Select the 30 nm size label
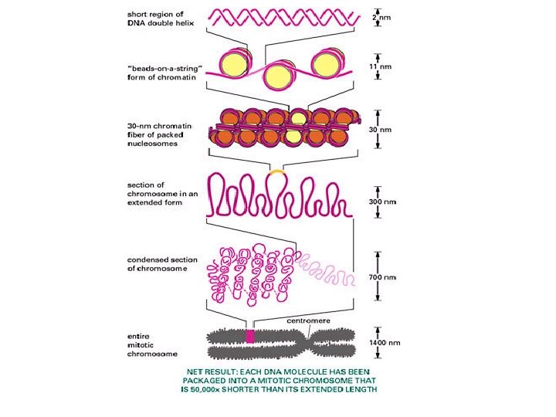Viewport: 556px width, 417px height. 378,130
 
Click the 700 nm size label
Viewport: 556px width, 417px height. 381,276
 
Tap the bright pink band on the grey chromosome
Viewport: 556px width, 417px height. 249,336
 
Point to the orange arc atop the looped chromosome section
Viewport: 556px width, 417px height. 275,171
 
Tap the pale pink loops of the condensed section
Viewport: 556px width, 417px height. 325,264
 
